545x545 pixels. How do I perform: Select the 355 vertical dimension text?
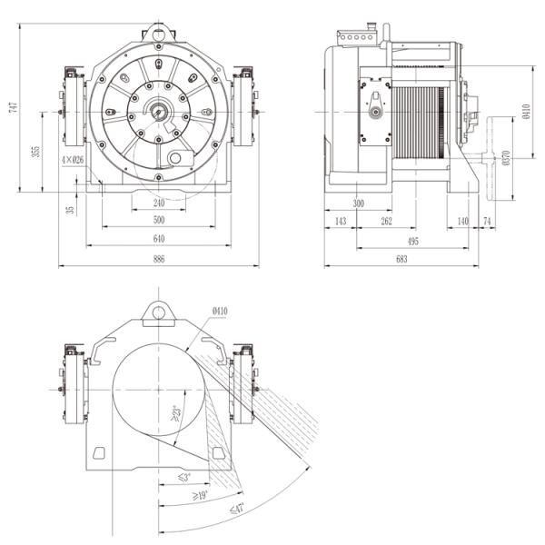35,151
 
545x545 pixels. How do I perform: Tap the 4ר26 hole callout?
73,159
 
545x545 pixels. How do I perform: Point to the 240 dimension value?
159,203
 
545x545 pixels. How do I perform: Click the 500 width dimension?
159,221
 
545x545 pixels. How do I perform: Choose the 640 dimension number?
159,239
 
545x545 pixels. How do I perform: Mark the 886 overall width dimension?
159,260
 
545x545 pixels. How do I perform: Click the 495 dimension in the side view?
413,241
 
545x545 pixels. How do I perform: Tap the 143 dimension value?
341,222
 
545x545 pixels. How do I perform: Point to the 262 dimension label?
386,222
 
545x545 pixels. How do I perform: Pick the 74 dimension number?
487,222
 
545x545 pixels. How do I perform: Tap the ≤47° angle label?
238,509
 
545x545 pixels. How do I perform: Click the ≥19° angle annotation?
199,495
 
